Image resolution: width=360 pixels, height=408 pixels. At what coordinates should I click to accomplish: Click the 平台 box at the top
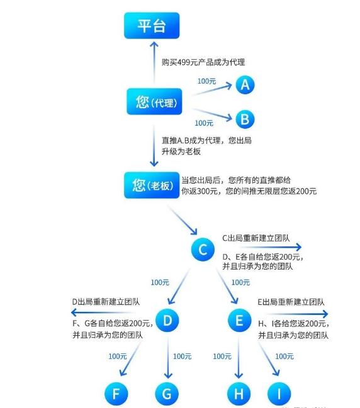coord(152,26)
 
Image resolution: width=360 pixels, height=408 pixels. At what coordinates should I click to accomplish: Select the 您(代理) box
coord(154,101)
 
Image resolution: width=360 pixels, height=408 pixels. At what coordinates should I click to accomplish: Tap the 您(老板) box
coord(152,185)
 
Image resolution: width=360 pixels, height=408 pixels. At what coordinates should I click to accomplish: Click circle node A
coord(245,85)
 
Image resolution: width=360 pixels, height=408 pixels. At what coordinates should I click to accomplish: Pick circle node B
coord(245,119)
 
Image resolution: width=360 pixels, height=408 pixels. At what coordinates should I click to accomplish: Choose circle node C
coord(203,250)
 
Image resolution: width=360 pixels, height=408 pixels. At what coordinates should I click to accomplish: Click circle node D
coord(167,321)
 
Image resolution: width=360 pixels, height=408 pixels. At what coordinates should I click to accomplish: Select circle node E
coord(239,321)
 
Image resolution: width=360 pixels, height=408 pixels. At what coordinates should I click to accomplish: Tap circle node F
coord(116,394)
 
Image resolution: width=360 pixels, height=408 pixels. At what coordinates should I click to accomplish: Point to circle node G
coord(167,394)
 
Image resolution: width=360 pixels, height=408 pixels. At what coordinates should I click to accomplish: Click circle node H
coord(239,394)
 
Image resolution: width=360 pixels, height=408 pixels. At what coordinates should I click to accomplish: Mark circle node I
coord(279,394)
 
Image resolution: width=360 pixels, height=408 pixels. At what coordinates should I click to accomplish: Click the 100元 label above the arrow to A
coord(206,81)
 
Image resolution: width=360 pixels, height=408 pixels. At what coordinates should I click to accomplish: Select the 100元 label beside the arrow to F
coord(118,356)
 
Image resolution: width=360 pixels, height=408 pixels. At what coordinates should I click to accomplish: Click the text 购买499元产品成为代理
coord(203,62)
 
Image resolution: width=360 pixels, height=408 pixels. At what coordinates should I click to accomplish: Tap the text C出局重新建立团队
coord(256,238)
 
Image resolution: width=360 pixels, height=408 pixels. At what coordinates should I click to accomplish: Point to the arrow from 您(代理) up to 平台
coord(154,62)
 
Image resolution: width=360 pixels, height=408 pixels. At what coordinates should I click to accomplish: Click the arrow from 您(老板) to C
coord(183,220)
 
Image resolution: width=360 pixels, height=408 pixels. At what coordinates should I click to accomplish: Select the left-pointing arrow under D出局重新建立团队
coord(103,312)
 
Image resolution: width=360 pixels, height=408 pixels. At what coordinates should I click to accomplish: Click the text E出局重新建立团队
coord(291,302)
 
